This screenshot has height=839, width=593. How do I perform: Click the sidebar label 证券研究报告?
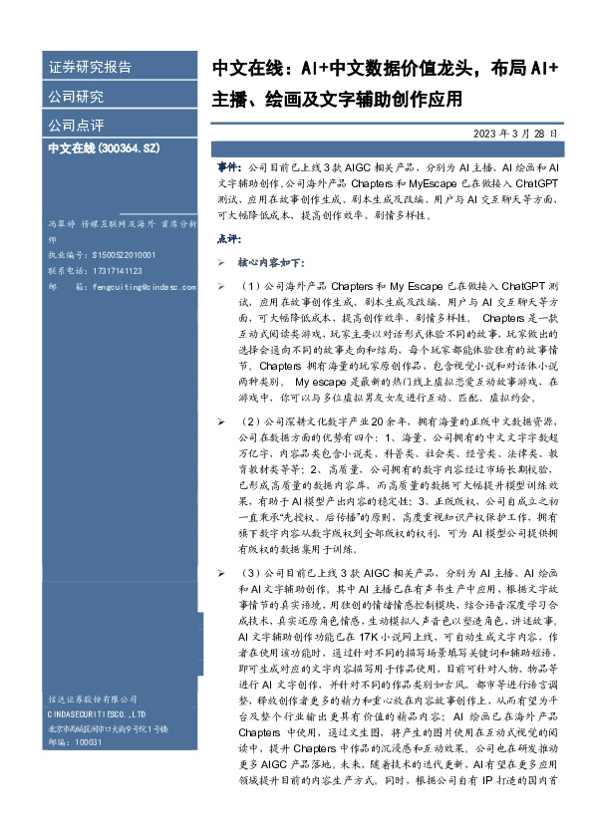pos(90,68)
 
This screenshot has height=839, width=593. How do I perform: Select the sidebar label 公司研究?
pos(76,97)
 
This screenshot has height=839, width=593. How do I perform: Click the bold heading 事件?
pos(228,171)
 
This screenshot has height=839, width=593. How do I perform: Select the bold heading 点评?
pos(228,239)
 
